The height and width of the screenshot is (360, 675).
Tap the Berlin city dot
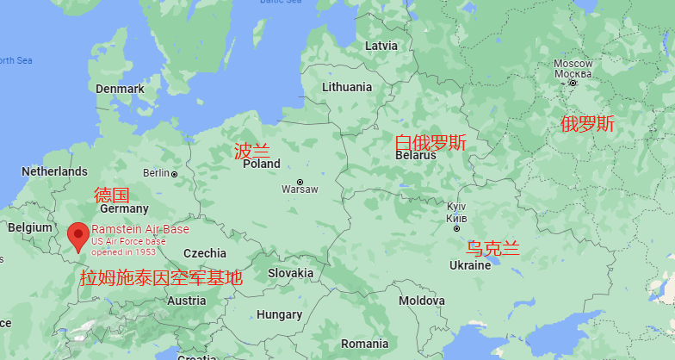pos(174,174)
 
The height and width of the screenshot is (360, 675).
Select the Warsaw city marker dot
pos(300,182)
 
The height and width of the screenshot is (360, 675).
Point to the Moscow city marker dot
pos(573,83)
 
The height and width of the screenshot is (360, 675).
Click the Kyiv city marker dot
pos(456,228)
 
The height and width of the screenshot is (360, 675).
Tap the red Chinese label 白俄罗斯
pos(430,142)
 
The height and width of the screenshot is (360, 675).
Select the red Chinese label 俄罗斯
pos(587,124)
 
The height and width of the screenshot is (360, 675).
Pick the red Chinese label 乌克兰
pos(493,249)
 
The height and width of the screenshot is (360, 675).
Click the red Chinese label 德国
pos(111,195)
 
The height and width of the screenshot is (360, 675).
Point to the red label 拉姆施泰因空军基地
pos(161,278)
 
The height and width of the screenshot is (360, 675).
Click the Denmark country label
pos(120,89)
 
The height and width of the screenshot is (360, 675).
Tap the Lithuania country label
pos(347,87)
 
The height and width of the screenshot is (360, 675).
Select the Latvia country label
pos(381,45)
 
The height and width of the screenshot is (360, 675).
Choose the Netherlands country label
pos(54,171)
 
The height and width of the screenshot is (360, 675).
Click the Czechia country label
pos(205,253)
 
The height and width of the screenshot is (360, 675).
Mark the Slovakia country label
pos(290,273)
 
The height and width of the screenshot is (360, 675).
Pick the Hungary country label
pos(279,315)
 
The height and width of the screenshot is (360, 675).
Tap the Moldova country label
pos(422,301)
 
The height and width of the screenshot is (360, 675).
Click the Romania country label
pos(364,343)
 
